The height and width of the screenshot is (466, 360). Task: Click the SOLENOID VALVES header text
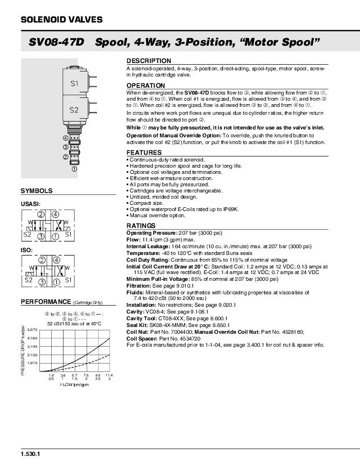click(x=61, y=20)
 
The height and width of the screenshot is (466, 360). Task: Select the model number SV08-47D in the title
click(x=56, y=43)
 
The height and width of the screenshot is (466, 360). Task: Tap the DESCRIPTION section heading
click(x=148, y=61)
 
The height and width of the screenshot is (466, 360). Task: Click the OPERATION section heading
click(x=146, y=86)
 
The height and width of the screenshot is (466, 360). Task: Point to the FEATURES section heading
click(x=144, y=153)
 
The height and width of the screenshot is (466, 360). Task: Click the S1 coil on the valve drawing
click(x=74, y=83)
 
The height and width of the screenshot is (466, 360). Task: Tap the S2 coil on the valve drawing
click(x=74, y=110)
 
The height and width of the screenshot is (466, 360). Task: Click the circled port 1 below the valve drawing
click(x=74, y=168)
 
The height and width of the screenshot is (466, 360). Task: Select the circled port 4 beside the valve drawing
click(x=66, y=138)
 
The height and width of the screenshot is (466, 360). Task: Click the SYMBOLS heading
click(x=37, y=191)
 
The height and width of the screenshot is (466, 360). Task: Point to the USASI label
click(x=30, y=204)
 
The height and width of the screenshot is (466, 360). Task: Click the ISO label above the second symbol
click(x=26, y=249)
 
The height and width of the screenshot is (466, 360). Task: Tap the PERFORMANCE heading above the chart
click(x=46, y=302)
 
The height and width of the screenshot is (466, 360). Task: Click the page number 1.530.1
click(x=30, y=454)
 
